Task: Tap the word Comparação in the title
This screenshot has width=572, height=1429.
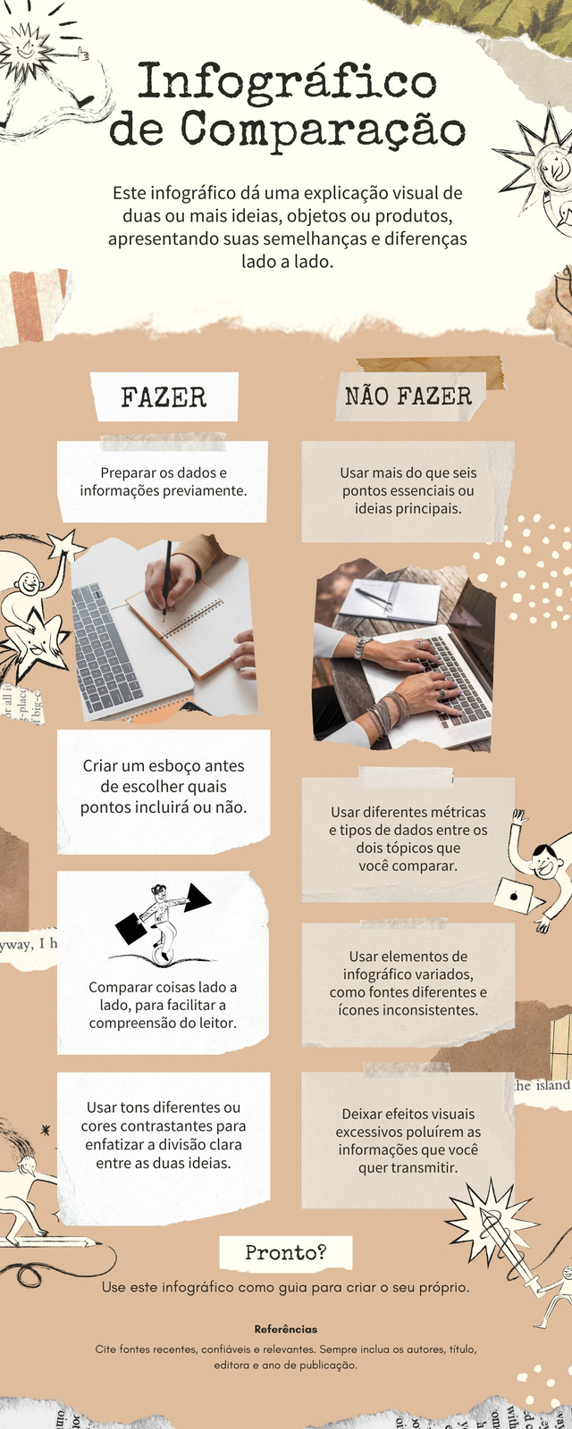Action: point(323,130)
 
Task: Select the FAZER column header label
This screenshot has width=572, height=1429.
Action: point(164,397)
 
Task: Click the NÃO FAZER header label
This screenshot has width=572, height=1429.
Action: point(408,397)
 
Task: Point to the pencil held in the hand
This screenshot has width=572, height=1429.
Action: point(166,581)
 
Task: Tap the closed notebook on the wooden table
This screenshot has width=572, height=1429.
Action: point(390,601)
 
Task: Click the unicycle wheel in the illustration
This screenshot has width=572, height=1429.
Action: point(163,951)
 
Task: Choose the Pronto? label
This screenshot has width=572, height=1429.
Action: point(285,1253)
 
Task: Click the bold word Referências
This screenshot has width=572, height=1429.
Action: point(285,1330)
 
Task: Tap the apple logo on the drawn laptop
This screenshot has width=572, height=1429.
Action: point(513,896)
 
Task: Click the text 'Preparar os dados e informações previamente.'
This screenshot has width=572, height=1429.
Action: point(164,481)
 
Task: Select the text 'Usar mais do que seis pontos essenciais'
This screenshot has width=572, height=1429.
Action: point(408,481)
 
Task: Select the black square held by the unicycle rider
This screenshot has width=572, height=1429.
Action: point(130,928)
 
